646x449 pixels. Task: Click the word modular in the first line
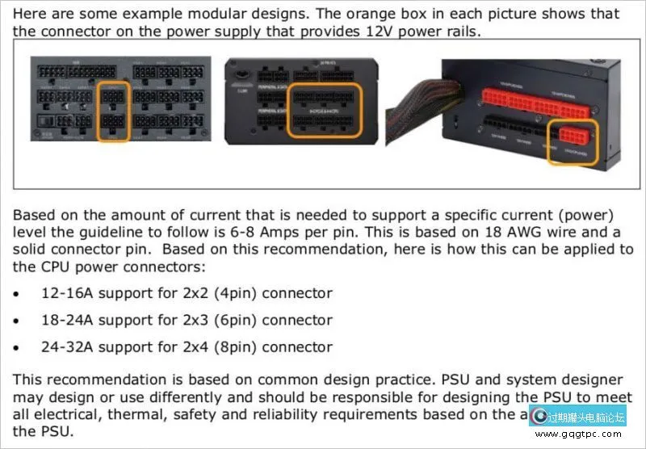(x=237, y=14)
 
